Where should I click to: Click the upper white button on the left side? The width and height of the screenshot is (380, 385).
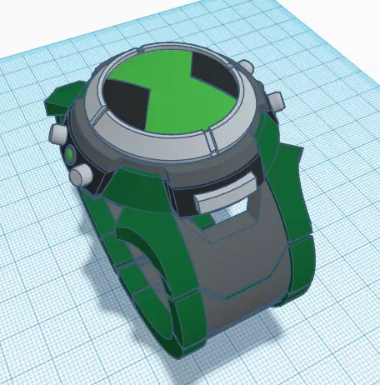coord(59,132)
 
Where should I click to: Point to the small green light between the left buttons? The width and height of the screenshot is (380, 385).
coord(68,154)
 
